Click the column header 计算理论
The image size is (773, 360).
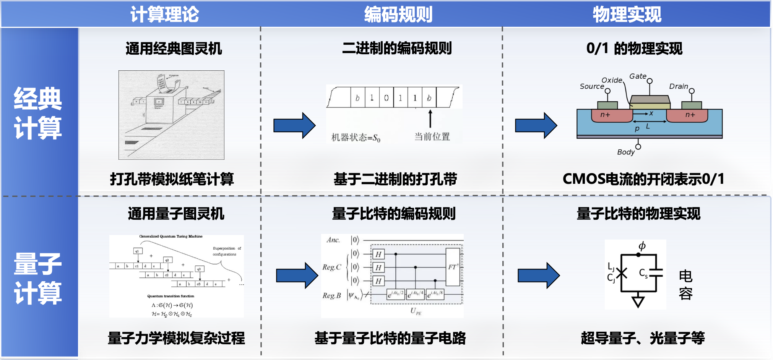pyautogui.click(x=164, y=15)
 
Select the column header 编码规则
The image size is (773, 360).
pyautogui.click(x=398, y=15)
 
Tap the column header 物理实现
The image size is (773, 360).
pyautogui.click(x=627, y=15)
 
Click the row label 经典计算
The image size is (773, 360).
pyautogui.click(x=38, y=113)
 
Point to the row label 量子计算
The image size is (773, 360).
pyautogui.click(x=38, y=278)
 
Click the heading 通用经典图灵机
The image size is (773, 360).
pyautogui.click(x=174, y=49)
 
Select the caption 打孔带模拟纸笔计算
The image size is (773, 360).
pyautogui.click(x=172, y=179)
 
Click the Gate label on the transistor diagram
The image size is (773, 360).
pyautogui.click(x=638, y=76)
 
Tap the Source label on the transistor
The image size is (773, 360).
pyautogui.click(x=591, y=86)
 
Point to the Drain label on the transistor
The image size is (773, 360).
pyautogui.click(x=678, y=86)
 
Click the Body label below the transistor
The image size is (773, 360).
pyautogui.click(x=625, y=152)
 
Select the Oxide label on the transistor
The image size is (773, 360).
pyautogui.click(x=612, y=80)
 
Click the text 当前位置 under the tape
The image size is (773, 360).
pyautogui.click(x=432, y=136)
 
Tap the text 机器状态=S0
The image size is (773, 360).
pyautogui.click(x=356, y=138)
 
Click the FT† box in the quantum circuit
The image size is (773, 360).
pyautogui.click(x=453, y=267)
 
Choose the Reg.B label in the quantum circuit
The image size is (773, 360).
pyautogui.click(x=331, y=295)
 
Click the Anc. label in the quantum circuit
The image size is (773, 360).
pyautogui.click(x=333, y=240)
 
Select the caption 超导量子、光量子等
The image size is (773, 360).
pyautogui.click(x=643, y=338)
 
